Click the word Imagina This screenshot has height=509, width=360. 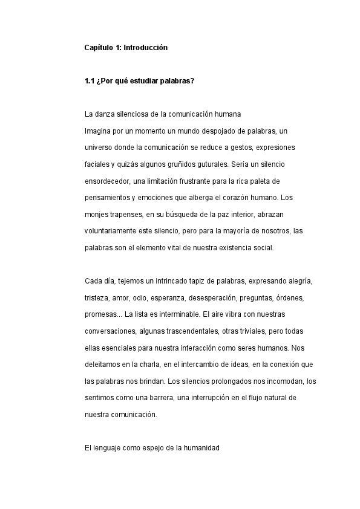pyautogui.click(x=98, y=131)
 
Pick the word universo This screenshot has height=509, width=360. pyautogui.click(x=99, y=148)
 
